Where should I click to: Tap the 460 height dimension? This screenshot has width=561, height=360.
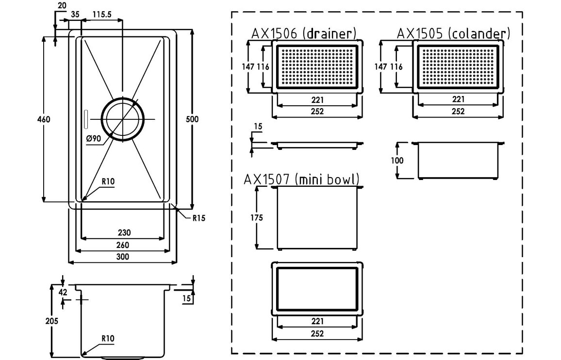coord(44,119)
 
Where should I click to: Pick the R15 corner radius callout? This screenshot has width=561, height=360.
coord(199,218)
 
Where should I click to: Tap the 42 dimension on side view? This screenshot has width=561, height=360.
coord(63,292)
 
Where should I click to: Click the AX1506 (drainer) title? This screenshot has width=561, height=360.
coord(304,33)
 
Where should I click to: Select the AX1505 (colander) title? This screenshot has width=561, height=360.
coord(453,33)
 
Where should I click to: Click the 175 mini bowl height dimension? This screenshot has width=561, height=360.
coord(257,217)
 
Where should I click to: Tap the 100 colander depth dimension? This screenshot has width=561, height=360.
coord(398,160)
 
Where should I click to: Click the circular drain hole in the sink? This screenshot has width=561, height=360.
coord(123,119)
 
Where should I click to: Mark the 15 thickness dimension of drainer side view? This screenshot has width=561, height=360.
coord(258,127)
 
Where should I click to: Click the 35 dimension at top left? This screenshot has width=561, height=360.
coord(74,15)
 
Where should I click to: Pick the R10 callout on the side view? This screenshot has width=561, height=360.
coord(108,338)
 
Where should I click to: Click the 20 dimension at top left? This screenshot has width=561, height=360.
coord(62,5)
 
